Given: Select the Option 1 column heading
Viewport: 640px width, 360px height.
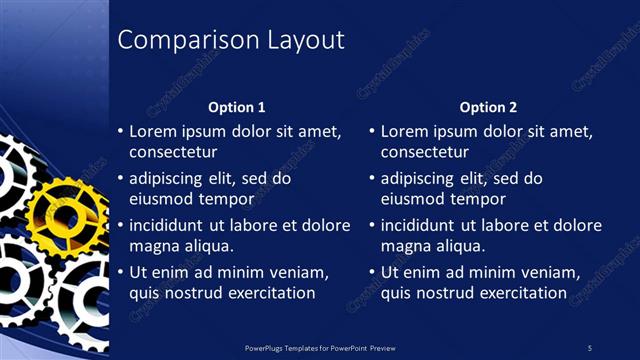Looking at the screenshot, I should (236, 107).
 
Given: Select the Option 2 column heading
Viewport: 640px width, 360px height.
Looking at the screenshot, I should (488, 107).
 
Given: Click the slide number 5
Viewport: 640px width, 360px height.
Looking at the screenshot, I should (590, 347).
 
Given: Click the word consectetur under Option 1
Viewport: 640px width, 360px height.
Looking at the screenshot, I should (173, 152).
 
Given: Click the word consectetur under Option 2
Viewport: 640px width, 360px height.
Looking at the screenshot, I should (425, 152).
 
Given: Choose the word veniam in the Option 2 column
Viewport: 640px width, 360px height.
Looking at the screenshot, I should (550, 272).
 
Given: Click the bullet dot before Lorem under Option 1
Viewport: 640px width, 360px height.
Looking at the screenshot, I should (120, 131).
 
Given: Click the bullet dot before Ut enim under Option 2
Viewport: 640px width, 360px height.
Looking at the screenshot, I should (372, 272).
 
